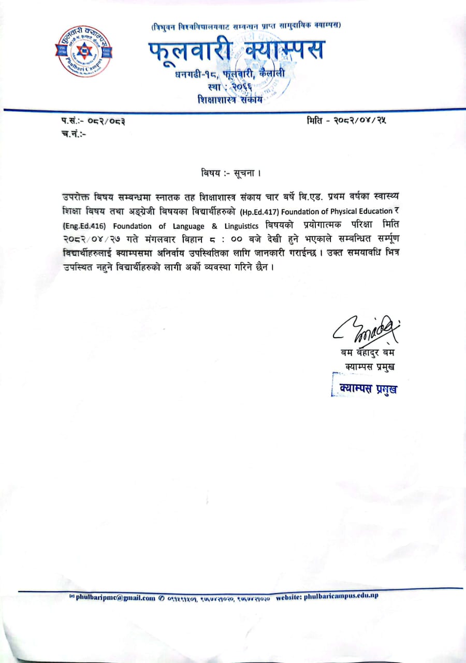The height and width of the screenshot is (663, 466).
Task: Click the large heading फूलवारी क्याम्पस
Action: (x=236, y=52)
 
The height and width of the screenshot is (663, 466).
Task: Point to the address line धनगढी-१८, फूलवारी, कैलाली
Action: (x=230, y=76)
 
